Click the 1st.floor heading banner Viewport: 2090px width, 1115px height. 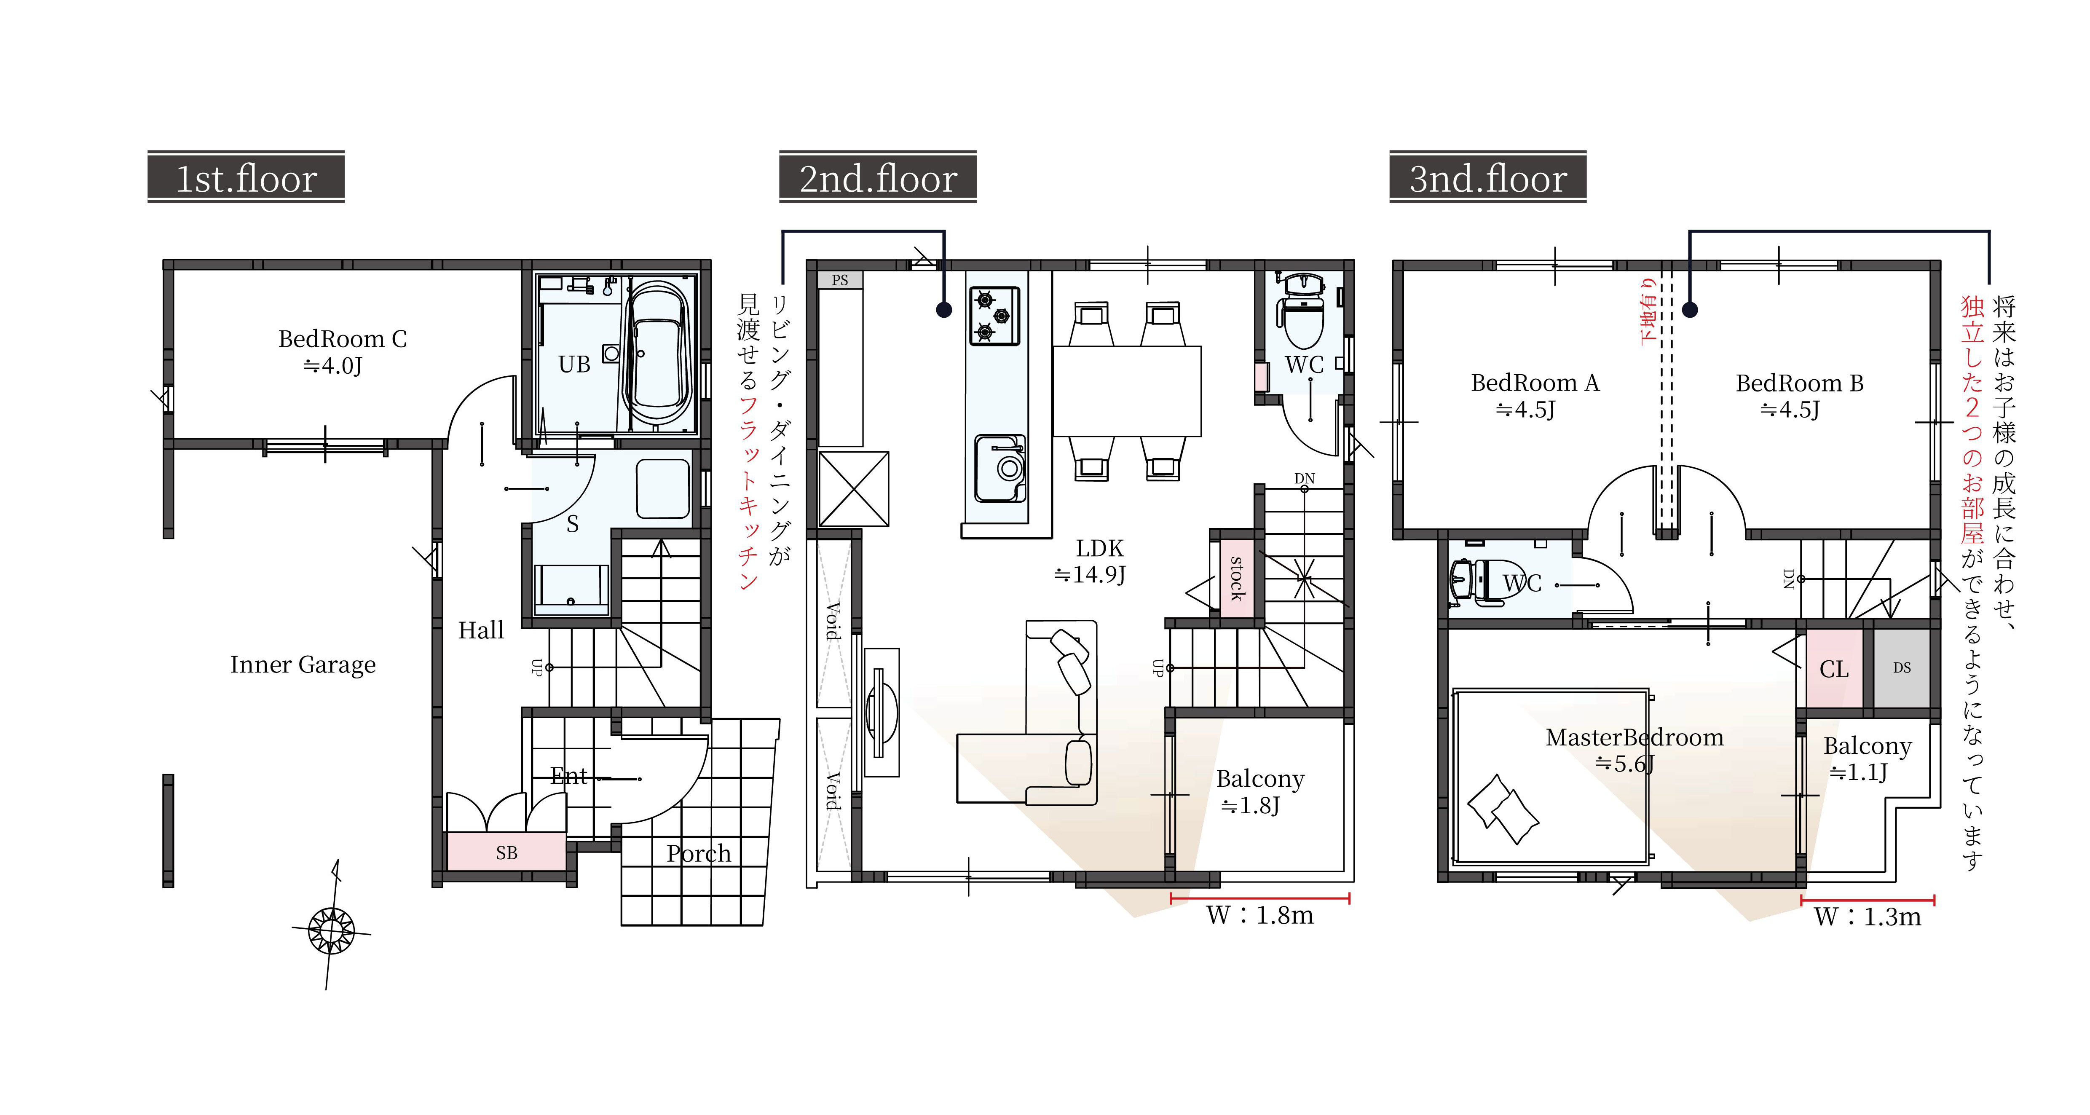click(x=246, y=176)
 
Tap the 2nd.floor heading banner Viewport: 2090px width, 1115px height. click(x=878, y=176)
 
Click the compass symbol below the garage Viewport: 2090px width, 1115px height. click(x=331, y=929)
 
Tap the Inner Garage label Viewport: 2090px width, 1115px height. click(x=303, y=665)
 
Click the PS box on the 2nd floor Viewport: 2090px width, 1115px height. click(x=840, y=280)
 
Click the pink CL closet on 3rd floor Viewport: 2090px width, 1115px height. click(x=1834, y=669)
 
